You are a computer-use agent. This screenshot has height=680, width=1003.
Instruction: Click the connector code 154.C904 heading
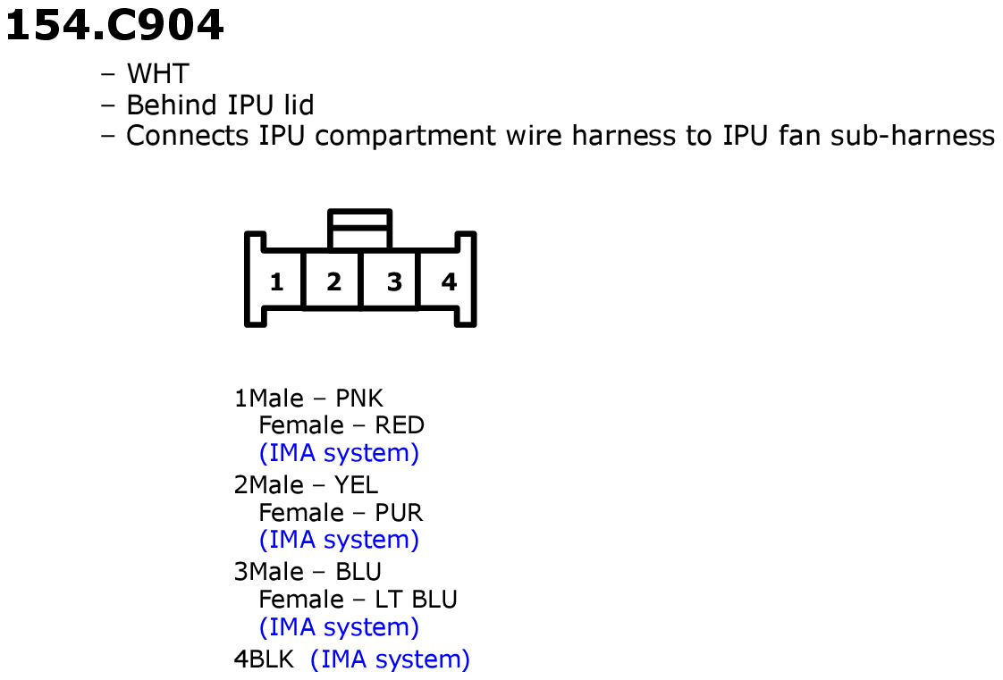tap(114, 26)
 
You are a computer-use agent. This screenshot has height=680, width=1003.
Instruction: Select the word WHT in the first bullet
tap(157, 74)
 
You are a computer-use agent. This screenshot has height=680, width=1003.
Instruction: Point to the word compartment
tap(406, 137)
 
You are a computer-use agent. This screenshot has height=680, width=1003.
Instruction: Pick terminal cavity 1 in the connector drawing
tap(276, 281)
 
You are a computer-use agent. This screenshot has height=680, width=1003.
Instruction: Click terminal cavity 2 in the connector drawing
tap(333, 281)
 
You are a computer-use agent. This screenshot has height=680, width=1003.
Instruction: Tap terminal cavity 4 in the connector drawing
tap(449, 281)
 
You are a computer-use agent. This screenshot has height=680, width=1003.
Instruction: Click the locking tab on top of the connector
tap(359, 229)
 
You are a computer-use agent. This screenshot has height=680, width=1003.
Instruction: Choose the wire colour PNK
tap(358, 399)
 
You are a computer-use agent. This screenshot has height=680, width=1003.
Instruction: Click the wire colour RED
tap(400, 425)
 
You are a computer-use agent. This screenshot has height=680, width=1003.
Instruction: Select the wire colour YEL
tap(357, 485)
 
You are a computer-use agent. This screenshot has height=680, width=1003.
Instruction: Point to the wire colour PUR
tap(399, 513)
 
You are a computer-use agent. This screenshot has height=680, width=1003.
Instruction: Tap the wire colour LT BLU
tap(416, 600)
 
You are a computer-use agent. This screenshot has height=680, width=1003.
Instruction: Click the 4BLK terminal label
tap(264, 659)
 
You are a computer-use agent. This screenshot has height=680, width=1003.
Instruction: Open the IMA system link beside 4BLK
tap(390, 659)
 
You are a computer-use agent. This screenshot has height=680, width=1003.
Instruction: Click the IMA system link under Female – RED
tap(339, 453)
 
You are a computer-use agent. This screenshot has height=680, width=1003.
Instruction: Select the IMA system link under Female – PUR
tap(339, 540)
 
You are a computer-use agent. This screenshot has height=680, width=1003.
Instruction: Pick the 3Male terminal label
tap(269, 572)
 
